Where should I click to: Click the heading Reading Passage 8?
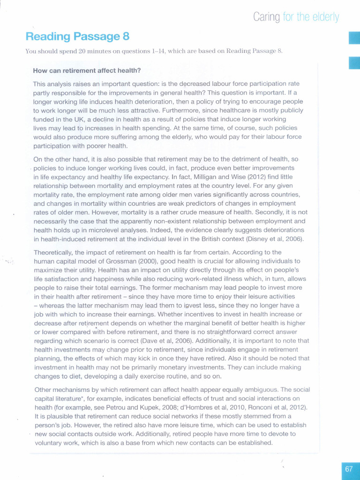77,37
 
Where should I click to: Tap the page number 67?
349,469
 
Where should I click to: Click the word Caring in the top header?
267,17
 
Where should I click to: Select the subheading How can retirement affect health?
87,71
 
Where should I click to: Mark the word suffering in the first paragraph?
129,136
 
